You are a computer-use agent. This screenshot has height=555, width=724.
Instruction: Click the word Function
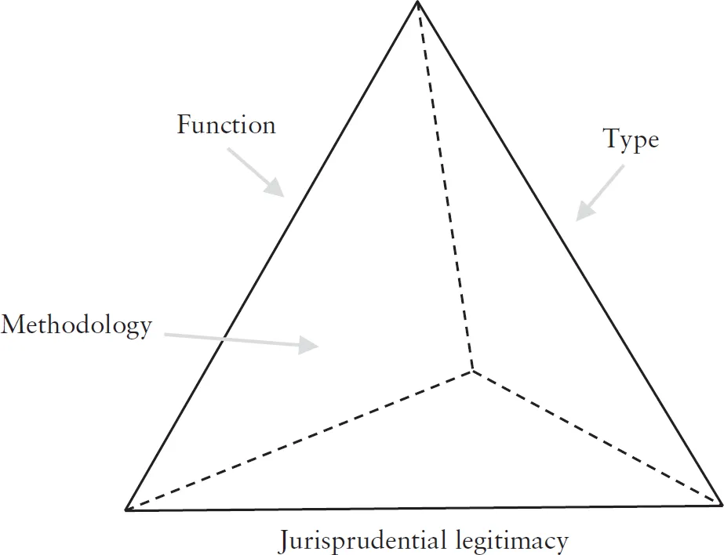click(226, 125)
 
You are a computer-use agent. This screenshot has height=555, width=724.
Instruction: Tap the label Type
click(631, 140)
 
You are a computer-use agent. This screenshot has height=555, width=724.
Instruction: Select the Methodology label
click(76, 325)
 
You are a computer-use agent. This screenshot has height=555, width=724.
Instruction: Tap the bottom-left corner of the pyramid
click(127, 510)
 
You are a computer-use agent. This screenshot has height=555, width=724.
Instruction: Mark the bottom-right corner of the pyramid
click(719, 502)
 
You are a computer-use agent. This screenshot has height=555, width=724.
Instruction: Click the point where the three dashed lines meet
click(472, 369)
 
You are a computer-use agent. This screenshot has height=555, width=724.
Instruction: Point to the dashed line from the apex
click(446, 188)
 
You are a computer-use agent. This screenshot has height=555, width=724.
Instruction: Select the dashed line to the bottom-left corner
click(298, 440)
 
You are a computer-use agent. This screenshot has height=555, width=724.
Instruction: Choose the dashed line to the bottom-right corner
click(596, 436)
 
